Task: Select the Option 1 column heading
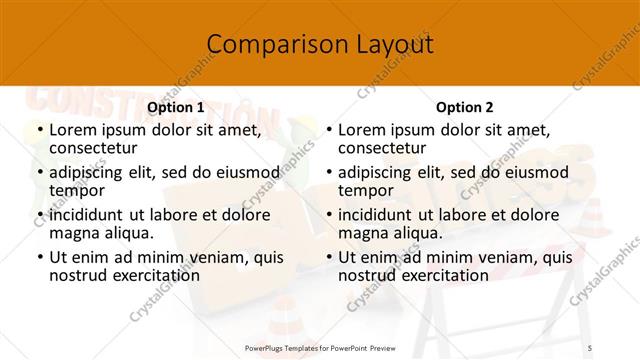click(x=175, y=107)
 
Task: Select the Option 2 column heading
click(x=464, y=107)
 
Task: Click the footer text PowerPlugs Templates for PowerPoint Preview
click(x=320, y=348)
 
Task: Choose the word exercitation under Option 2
click(x=443, y=275)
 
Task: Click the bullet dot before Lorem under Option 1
click(x=39, y=130)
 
